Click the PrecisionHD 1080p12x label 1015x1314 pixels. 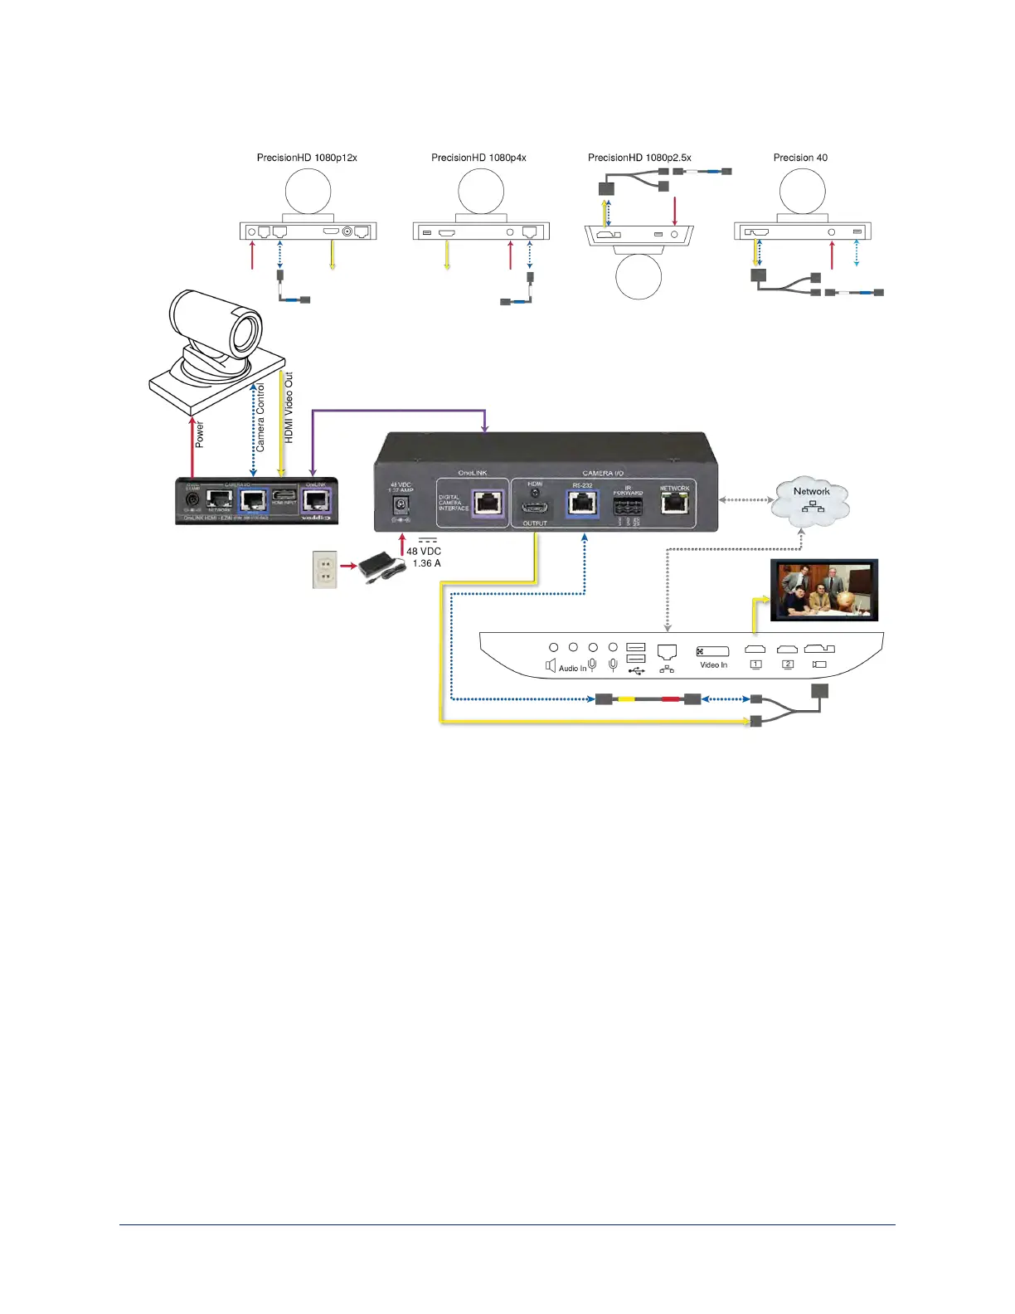307,158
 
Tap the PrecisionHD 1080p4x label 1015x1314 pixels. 478,158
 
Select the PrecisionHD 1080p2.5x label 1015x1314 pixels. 639,158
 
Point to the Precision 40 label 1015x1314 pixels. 800,158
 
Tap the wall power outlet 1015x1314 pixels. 324,570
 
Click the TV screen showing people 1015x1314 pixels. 824,590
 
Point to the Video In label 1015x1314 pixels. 713,665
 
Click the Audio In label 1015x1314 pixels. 572,669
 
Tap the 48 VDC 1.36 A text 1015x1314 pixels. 424,557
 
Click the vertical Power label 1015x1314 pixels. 200,435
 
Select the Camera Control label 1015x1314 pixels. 260,417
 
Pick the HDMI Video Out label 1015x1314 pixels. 289,407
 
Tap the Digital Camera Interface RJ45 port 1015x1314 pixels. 487,504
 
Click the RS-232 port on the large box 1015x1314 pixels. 582,504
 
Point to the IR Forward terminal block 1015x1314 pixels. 628,508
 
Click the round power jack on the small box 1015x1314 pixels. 192,500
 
